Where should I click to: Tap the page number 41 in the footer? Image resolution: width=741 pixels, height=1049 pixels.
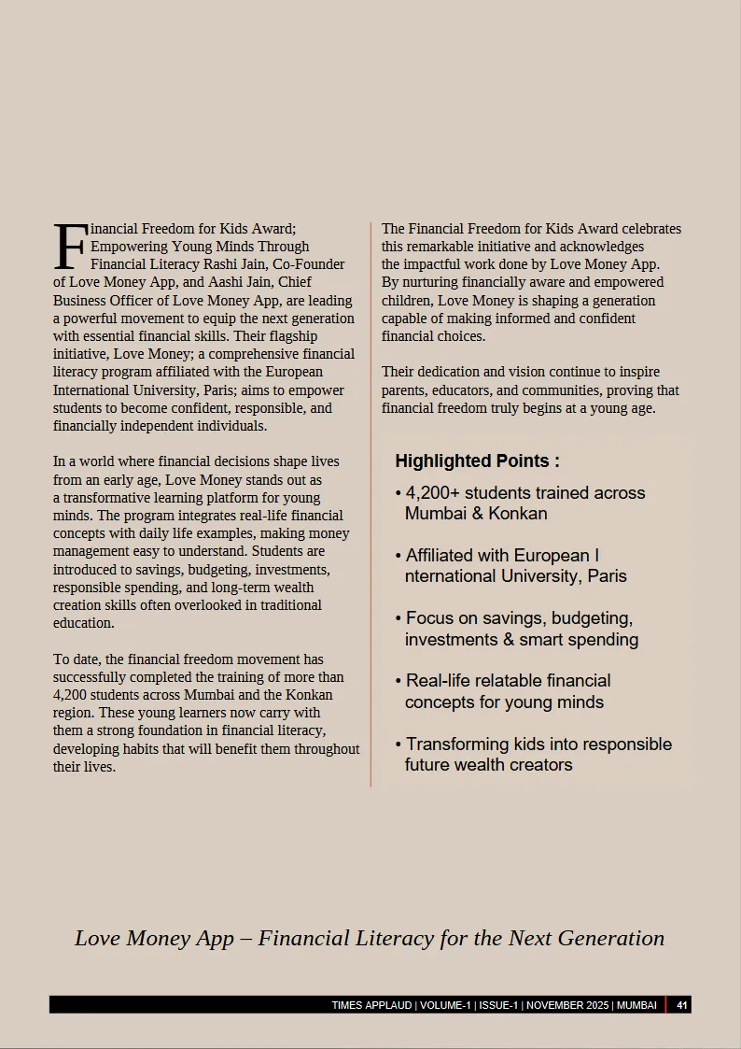(682, 1005)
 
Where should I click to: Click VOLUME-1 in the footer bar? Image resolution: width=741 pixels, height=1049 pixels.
(445, 1005)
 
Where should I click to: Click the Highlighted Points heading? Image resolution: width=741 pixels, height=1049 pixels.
(477, 461)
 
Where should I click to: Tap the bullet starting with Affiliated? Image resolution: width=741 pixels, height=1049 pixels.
(510, 565)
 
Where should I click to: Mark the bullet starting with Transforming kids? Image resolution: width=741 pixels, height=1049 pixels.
(532, 754)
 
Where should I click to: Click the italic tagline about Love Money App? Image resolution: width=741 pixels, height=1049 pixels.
(370, 938)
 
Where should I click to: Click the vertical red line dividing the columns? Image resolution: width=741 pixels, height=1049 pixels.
(370, 504)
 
